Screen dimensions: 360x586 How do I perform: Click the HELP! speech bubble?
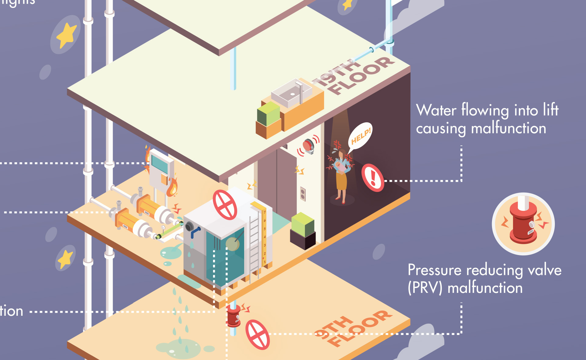[360, 136]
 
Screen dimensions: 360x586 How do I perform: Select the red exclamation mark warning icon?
[373, 178]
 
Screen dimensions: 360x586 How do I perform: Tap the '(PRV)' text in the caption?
[425, 288]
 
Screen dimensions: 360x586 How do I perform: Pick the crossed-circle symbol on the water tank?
[225, 205]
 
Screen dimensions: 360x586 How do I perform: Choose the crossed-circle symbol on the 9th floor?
[258, 334]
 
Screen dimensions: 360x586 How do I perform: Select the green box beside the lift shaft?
[303, 224]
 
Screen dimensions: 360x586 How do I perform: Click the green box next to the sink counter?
[269, 114]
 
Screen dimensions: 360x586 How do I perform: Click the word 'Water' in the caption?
[436, 110]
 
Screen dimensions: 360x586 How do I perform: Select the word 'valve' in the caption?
[544, 270]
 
